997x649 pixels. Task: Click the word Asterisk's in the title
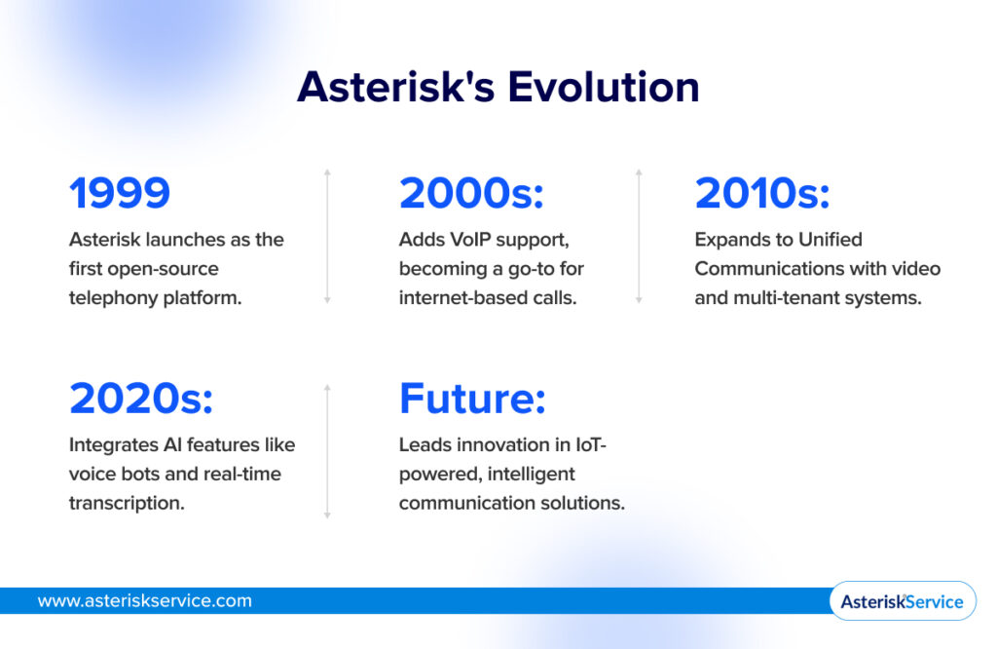[x=394, y=87]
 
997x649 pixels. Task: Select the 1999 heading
[x=120, y=193]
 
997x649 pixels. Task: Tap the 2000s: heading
[x=471, y=193]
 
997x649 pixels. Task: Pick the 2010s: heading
[x=761, y=193]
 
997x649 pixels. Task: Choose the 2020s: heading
[x=141, y=399]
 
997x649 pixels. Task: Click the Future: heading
[x=472, y=399]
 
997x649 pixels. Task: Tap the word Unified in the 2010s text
[x=831, y=239]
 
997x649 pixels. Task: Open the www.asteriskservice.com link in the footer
[x=144, y=600]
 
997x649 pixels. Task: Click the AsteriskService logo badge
[x=902, y=601]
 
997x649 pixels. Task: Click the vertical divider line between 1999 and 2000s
[x=327, y=236]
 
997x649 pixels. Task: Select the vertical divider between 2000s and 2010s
[x=639, y=236]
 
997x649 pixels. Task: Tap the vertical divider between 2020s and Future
[x=327, y=450]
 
